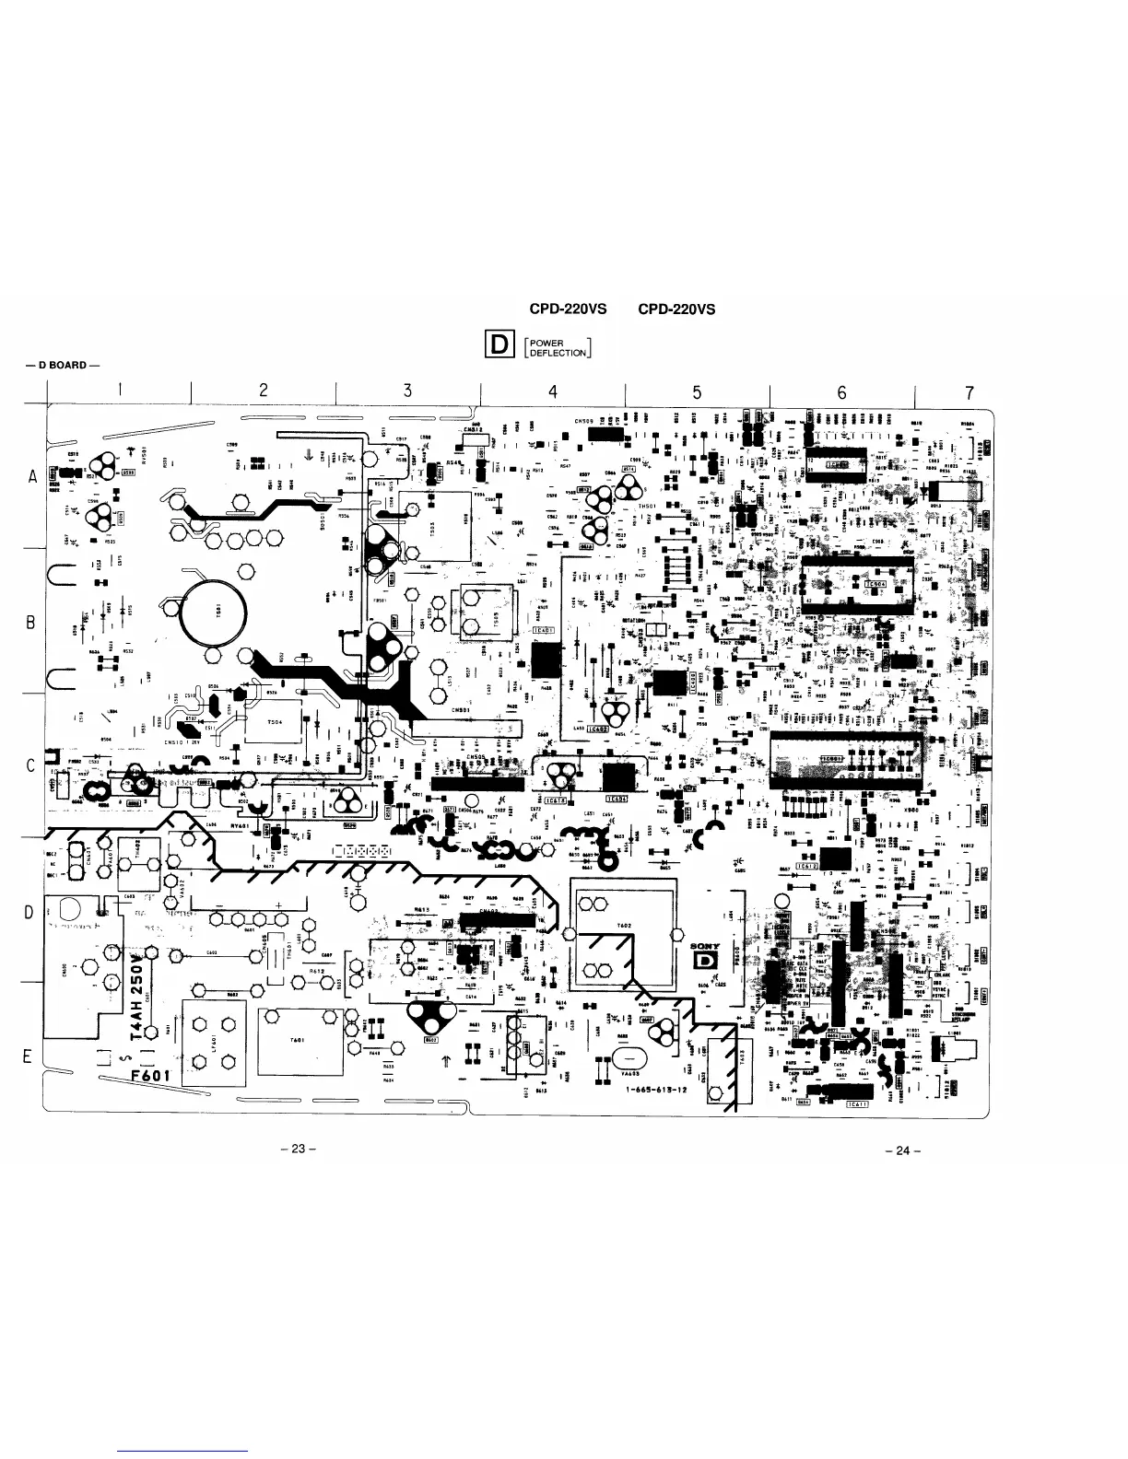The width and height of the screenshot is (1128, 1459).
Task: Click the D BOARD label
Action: tap(63, 365)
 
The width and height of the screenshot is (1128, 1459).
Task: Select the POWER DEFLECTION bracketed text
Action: tap(558, 348)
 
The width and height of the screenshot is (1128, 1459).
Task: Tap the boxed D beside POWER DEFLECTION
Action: tap(499, 345)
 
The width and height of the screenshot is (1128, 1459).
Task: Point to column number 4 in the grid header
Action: tap(553, 391)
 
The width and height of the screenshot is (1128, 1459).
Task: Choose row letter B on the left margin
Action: tap(30, 622)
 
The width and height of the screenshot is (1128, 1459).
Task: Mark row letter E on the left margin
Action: tap(29, 1056)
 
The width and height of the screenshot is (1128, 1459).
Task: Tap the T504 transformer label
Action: tap(275, 722)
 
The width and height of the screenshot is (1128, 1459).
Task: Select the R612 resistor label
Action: tap(318, 971)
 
